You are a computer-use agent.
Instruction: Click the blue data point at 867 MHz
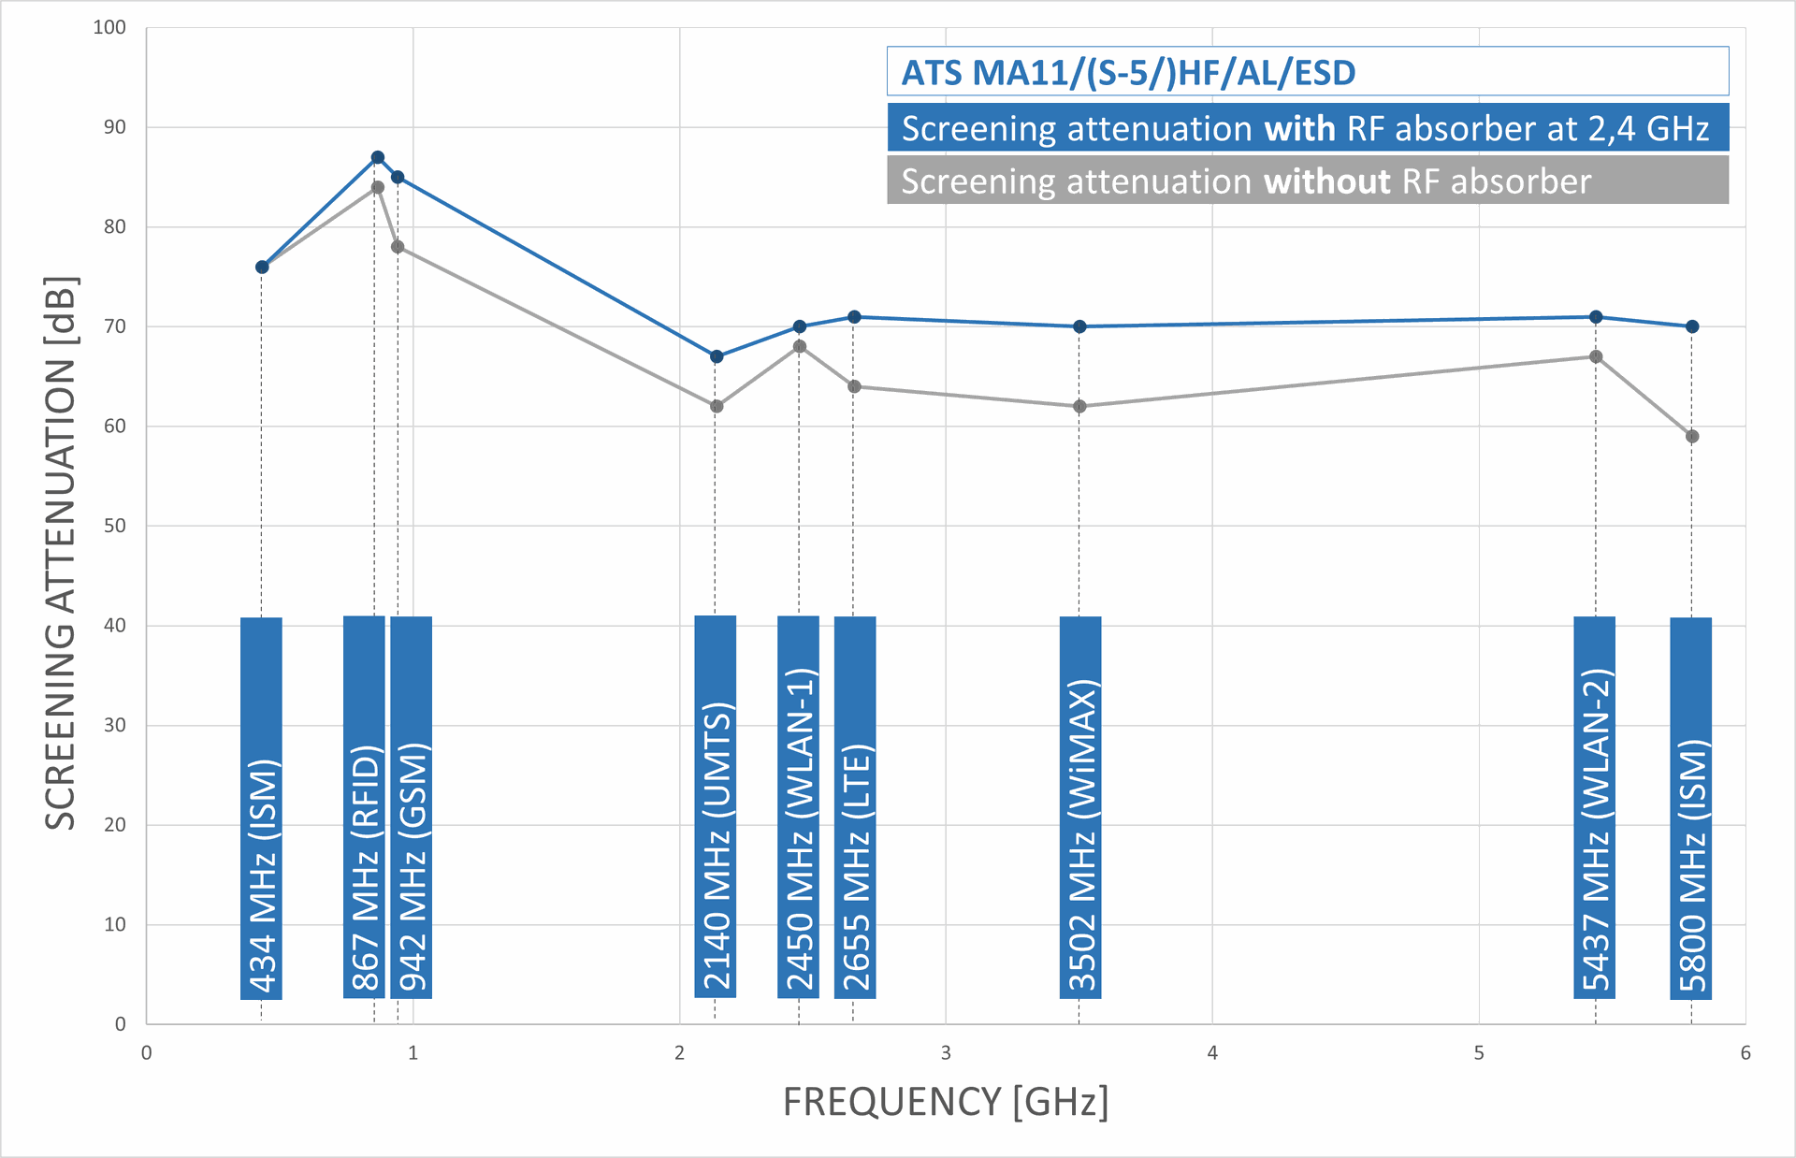(x=378, y=157)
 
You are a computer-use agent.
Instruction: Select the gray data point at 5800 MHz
(x=1692, y=437)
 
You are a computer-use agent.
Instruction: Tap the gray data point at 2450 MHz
(x=800, y=347)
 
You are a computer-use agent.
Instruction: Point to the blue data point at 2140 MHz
(x=717, y=356)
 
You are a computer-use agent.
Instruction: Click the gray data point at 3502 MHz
(x=1080, y=407)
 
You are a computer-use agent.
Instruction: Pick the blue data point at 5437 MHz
(x=1596, y=317)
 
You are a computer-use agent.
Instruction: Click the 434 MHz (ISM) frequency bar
(x=261, y=808)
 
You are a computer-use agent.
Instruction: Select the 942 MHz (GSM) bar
(x=412, y=808)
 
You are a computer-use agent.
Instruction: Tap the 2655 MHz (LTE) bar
(x=855, y=808)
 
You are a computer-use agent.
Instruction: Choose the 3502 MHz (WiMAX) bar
(x=1080, y=808)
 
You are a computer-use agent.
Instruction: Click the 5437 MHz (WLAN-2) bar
(x=1595, y=808)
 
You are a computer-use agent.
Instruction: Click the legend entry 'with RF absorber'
(x=1307, y=128)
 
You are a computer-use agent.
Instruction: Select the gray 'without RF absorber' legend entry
(x=1307, y=181)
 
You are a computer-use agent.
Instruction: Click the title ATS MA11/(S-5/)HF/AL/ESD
(x=1128, y=73)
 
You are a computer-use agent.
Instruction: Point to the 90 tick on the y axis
(x=114, y=127)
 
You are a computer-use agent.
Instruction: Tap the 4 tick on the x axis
(x=1212, y=1053)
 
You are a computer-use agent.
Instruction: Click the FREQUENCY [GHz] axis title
(x=946, y=1102)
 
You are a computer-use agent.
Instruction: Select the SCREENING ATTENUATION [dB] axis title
(x=61, y=553)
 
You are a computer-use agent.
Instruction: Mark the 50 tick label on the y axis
(x=114, y=526)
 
